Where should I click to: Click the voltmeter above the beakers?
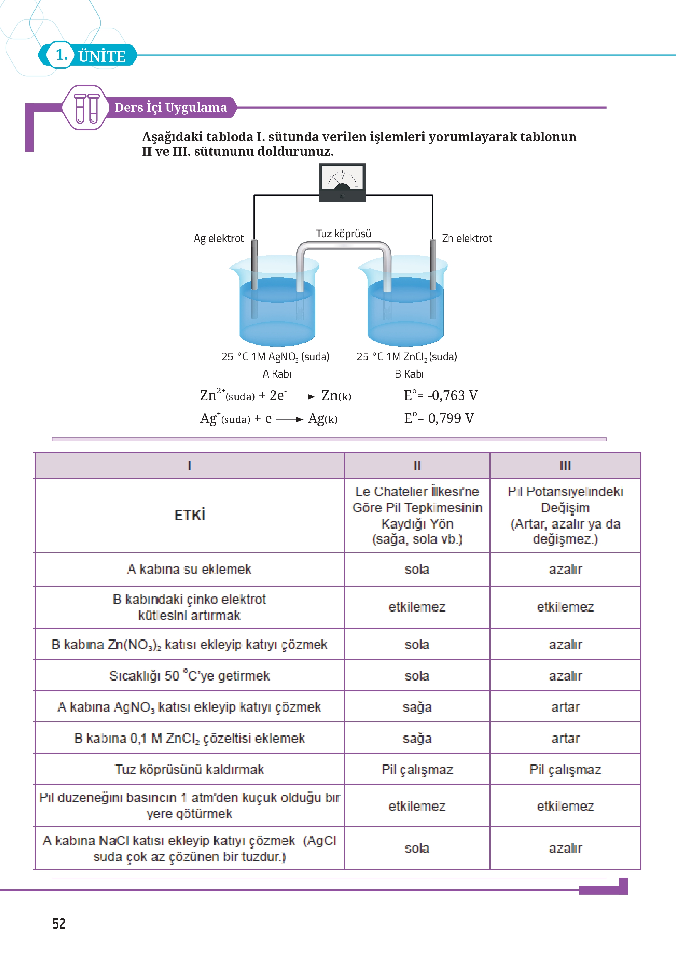(x=342, y=183)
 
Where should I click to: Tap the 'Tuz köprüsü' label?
(x=343, y=233)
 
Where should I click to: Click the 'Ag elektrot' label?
(x=219, y=238)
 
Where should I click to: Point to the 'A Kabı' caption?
(x=277, y=374)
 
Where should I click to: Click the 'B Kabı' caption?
(x=409, y=374)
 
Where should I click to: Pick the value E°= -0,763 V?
(x=440, y=395)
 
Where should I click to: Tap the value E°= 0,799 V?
(x=439, y=418)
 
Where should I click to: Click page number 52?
(x=59, y=923)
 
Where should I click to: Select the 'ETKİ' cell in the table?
(x=190, y=515)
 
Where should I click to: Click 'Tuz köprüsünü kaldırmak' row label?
(x=190, y=769)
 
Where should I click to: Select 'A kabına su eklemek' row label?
(x=190, y=569)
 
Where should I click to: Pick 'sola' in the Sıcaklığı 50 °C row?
(x=417, y=676)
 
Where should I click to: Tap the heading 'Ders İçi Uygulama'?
(x=171, y=107)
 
